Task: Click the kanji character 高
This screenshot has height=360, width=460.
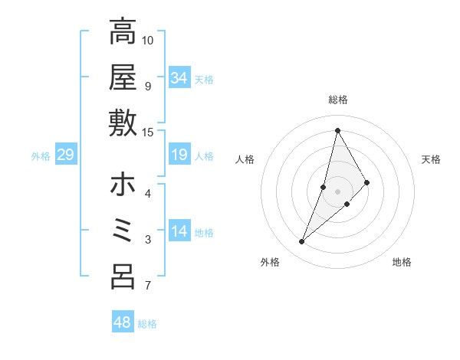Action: [x=123, y=32]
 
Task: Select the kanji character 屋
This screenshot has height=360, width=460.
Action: [x=123, y=77]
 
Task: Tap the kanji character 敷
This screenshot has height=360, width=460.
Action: [x=123, y=123]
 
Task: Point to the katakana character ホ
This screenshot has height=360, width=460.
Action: [x=123, y=185]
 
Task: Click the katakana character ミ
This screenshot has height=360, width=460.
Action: [x=123, y=231]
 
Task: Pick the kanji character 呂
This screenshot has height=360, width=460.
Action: [x=123, y=277]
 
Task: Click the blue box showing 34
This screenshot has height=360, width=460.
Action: [x=179, y=78]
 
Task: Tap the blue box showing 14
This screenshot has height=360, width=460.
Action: [x=179, y=232]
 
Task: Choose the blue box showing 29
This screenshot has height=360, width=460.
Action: [x=65, y=155]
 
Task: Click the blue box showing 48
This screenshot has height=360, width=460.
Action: [x=123, y=322]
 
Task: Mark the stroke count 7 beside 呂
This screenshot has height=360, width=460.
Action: [x=148, y=286]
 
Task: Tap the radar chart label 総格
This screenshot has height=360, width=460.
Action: [x=337, y=100]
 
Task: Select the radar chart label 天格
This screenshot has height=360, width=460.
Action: [x=432, y=159]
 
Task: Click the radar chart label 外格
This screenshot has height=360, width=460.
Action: [x=270, y=262]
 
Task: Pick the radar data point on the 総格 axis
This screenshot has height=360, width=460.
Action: [x=337, y=130]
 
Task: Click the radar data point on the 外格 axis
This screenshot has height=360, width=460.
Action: [x=302, y=242]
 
